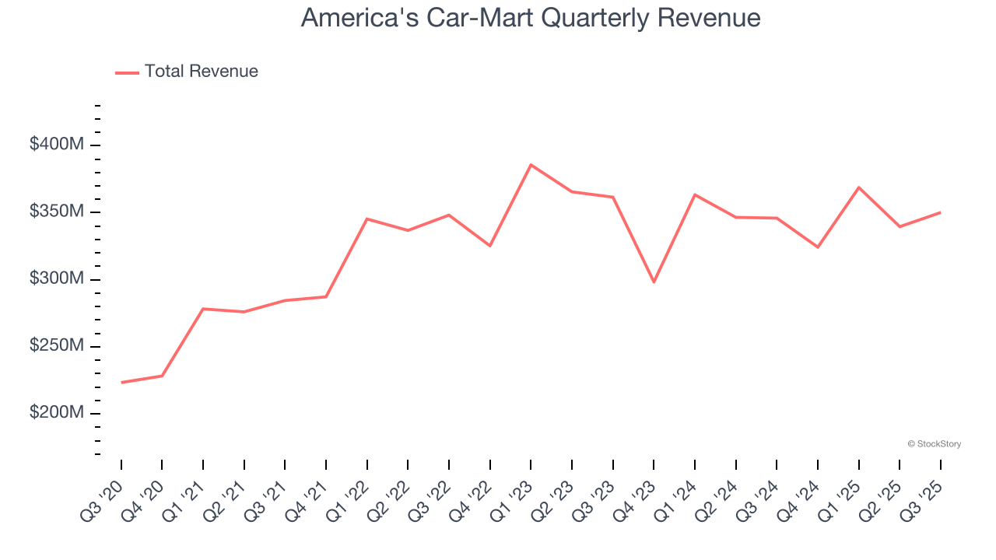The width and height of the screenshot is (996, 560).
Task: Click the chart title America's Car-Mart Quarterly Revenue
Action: pos(531,17)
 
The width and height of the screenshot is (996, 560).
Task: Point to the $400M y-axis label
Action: pos(56,145)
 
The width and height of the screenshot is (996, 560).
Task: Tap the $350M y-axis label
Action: pos(56,212)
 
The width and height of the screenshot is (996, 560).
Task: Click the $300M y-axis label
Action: pos(56,278)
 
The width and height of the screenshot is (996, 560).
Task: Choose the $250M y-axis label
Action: pos(56,345)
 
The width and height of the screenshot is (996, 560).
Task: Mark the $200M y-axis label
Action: pos(56,412)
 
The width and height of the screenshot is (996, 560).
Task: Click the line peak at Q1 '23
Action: pos(531,165)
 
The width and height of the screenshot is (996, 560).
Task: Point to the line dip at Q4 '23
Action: pos(654,282)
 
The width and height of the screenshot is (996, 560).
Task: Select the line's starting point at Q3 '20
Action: pos(121,382)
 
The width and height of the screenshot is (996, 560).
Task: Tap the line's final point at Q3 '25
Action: pos(940,212)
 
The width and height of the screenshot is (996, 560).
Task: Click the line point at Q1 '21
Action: pos(203,309)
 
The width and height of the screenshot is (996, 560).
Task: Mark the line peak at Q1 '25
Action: pos(858,187)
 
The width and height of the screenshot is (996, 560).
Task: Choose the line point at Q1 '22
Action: pos(367,219)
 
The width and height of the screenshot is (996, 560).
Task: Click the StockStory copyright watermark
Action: pos(934,444)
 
